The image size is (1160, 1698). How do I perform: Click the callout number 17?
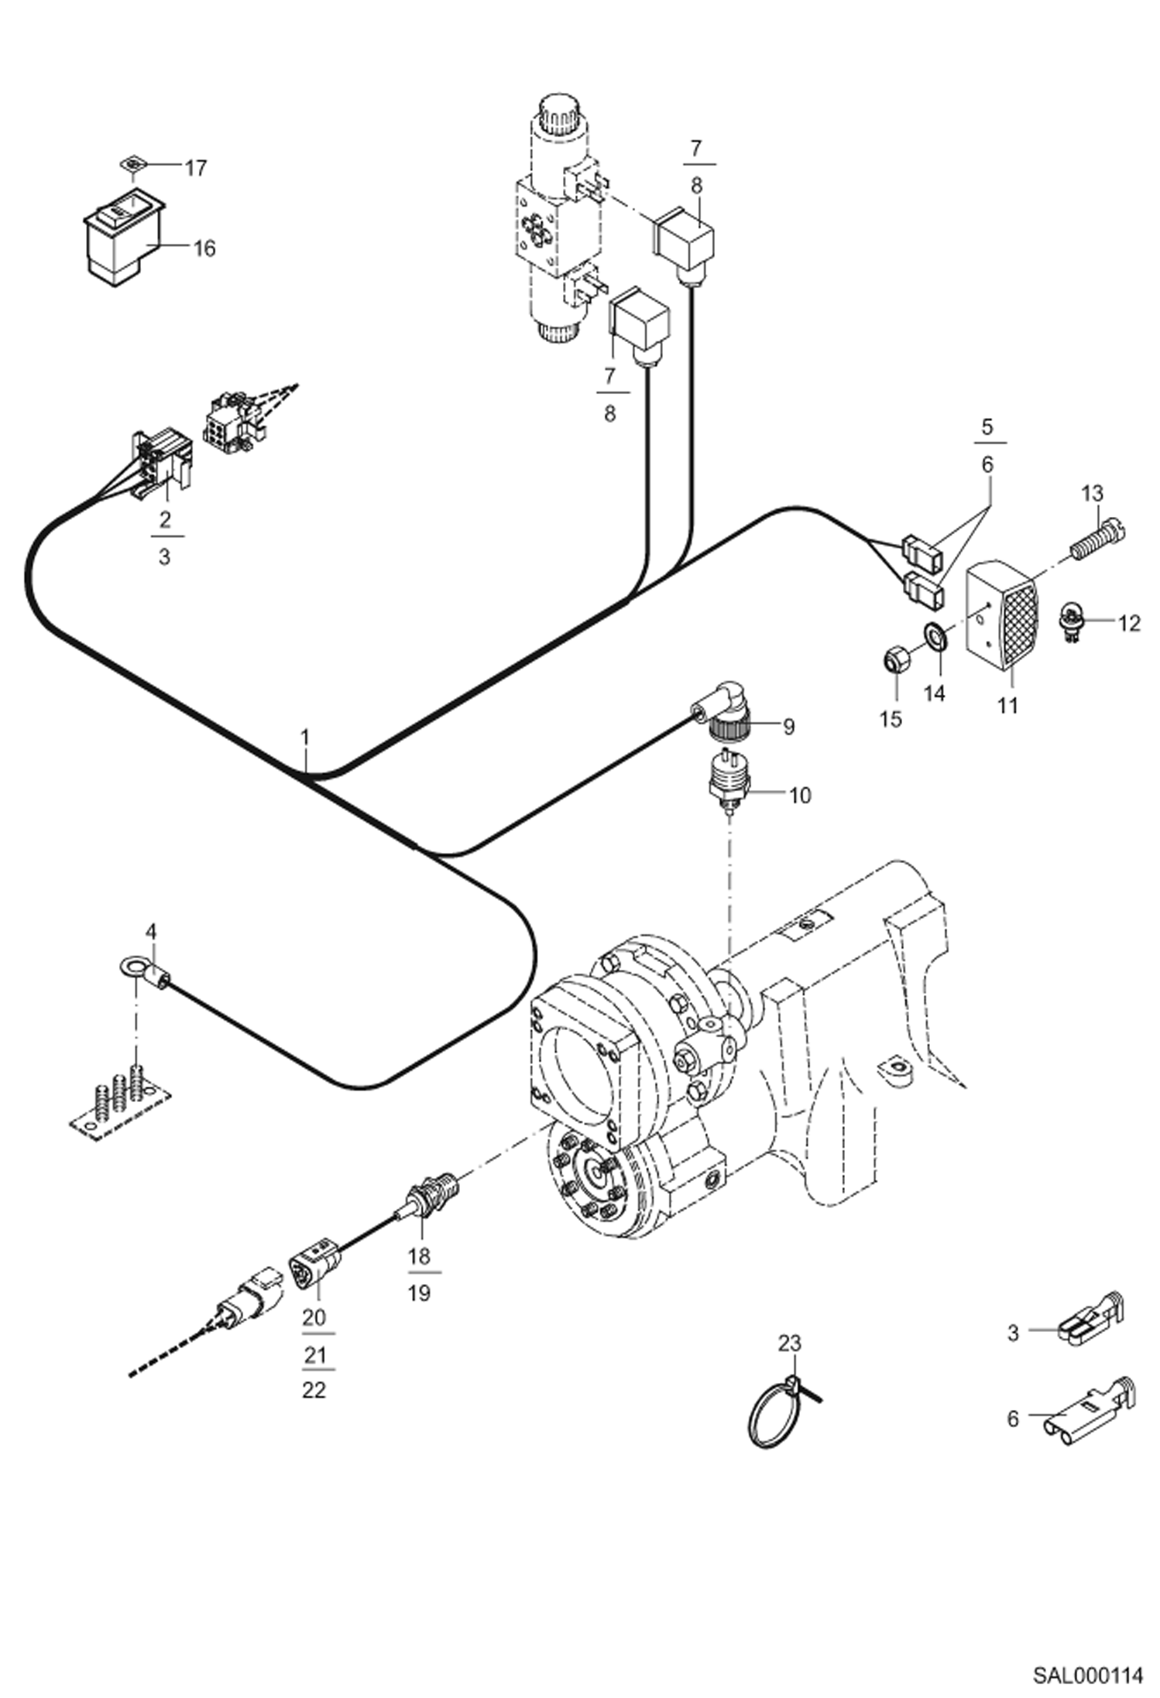coord(195,168)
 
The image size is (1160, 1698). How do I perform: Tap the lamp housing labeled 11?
coord(1004,617)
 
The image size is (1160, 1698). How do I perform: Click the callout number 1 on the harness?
coord(305,736)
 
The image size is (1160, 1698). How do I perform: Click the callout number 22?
coord(314,1391)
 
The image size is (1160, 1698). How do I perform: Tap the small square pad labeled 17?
coord(133,163)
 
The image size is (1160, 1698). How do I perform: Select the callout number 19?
coord(419,1293)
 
